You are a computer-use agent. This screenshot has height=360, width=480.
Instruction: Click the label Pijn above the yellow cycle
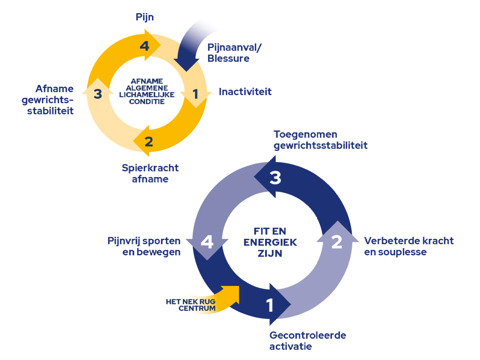click(145, 17)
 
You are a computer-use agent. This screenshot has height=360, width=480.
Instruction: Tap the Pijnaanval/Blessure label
click(234, 53)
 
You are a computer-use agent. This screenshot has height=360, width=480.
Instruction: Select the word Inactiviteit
click(245, 91)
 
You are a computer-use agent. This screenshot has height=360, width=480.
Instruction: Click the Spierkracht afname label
click(150, 173)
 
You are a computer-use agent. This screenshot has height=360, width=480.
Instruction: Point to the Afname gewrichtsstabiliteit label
click(48, 100)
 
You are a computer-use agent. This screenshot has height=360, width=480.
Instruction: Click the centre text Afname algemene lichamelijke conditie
click(147, 91)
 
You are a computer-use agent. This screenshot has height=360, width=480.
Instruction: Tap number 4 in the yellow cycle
click(144, 46)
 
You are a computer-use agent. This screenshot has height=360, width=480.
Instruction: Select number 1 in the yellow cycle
click(195, 94)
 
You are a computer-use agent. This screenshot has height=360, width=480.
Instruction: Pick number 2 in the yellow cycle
click(149, 142)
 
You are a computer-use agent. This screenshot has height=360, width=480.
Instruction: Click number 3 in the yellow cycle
click(98, 94)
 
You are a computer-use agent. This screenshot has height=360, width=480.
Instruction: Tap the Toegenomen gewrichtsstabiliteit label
click(320, 140)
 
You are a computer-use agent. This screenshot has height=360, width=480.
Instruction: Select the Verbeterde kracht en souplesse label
click(409, 246)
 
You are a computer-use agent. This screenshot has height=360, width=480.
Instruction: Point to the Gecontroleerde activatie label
click(307, 341)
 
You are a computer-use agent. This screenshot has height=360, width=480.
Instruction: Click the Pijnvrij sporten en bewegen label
click(144, 246)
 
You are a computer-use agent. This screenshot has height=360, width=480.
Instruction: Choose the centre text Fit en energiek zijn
click(270, 242)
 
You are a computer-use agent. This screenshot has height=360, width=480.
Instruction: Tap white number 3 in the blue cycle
click(275, 178)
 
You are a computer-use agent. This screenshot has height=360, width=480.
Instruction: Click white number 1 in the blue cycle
click(270, 305)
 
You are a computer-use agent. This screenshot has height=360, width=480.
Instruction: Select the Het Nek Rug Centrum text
click(191, 305)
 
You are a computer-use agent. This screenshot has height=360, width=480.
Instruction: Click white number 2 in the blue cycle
click(337, 242)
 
